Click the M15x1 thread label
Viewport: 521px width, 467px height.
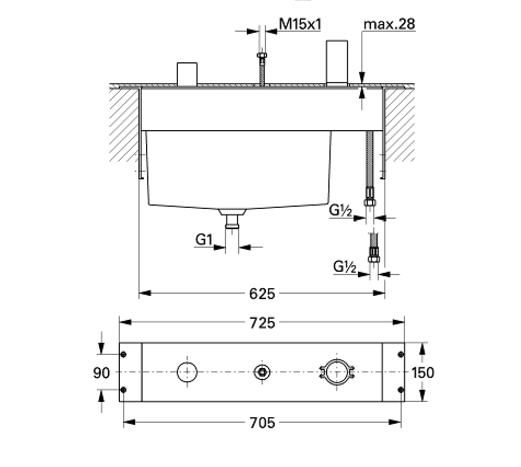300,24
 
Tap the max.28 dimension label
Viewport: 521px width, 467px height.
389,24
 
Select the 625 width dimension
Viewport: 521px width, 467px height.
262,294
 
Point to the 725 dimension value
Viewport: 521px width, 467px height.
262,323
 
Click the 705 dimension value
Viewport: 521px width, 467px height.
262,423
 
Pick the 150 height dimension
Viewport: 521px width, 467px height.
422,372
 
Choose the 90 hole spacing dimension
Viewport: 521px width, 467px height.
101,373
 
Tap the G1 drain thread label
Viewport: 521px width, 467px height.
204,239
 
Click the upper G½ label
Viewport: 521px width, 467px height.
340,210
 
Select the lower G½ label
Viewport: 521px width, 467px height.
345,266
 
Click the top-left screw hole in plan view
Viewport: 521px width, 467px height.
123,354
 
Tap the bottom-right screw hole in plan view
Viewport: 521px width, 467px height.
401,390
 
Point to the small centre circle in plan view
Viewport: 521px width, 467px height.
262,372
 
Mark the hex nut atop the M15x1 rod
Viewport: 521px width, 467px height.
262,55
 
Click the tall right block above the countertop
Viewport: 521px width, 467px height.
337,63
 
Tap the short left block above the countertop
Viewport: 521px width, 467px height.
187,74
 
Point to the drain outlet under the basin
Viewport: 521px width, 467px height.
232,219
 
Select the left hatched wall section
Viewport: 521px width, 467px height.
124,125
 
